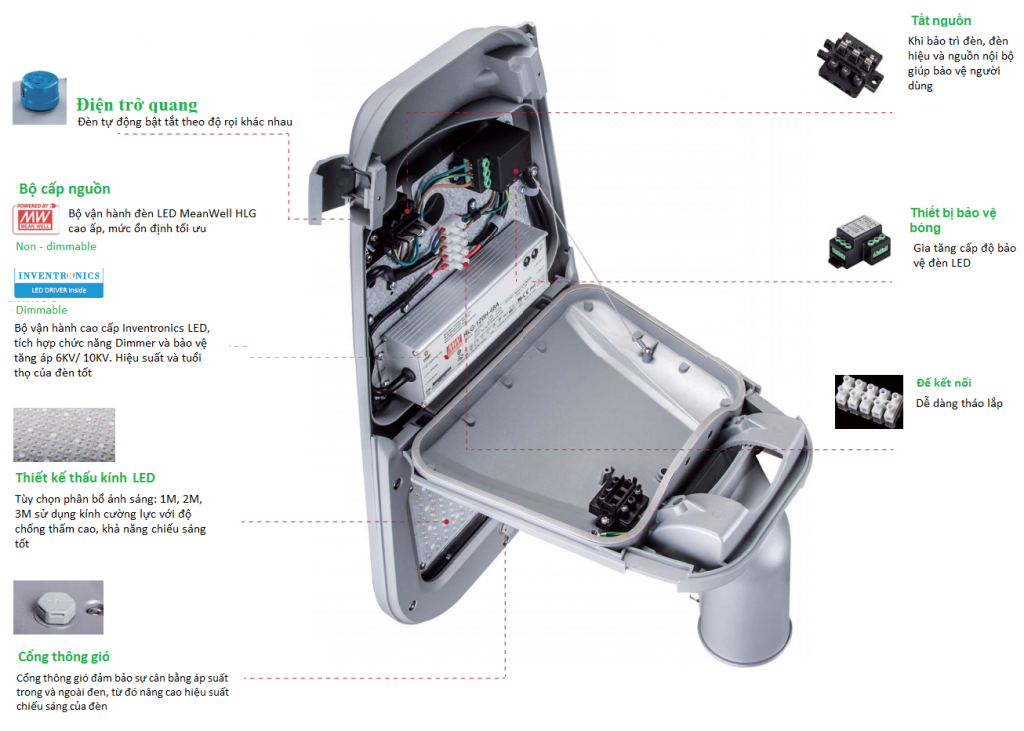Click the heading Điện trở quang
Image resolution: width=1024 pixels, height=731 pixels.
(x=136, y=105)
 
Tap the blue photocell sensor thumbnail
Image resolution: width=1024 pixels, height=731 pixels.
(x=39, y=97)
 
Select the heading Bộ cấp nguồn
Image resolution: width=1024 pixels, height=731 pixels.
(x=64, y=189)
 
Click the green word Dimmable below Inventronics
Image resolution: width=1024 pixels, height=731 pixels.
(x=41, y=310)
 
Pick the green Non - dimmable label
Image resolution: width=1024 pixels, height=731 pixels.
(x=56, y=246)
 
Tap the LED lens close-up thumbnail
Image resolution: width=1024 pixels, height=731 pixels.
(x=57, y=434)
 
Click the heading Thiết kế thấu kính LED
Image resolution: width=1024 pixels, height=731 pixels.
(x=85, y=478)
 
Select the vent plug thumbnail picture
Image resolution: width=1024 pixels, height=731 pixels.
(x=57, y=607)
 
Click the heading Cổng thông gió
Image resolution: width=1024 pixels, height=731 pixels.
(x=64, y=657)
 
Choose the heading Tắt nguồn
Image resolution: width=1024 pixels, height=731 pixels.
(x=940, y=21)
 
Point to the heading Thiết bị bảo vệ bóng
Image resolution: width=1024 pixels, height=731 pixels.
(x=955, y=220)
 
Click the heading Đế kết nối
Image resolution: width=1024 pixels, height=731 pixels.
(x=944, y=383)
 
